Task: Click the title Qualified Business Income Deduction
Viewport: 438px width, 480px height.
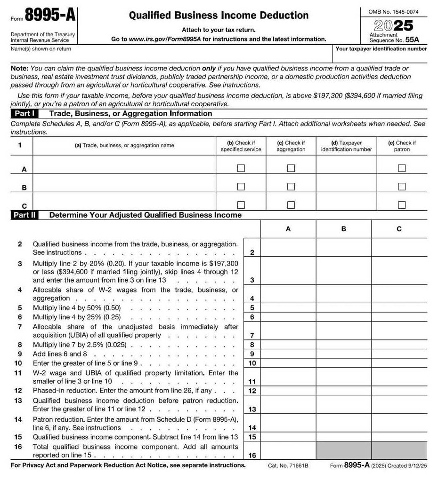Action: [x=219, y=15]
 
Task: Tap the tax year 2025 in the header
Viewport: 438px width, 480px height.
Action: [x=393, y=25]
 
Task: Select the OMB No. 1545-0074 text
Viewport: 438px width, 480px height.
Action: [x=394, y=11]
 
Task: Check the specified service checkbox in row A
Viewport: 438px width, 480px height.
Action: [x=241, y=168]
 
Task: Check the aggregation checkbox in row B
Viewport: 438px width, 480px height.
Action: [x=291, y=187]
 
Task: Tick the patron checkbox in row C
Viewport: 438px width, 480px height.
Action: [x=402, y=205]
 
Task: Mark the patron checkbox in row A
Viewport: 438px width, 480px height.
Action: [x=402, y=168]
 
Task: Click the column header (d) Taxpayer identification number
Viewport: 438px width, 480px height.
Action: [x=346, y=146]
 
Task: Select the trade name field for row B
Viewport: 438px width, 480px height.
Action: [x=124, y=183]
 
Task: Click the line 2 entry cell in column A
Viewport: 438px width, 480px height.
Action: [x=288, y=248]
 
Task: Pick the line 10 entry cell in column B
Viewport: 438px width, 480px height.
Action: [x=343, y=363]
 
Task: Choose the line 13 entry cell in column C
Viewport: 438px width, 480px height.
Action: [x=399, y=405]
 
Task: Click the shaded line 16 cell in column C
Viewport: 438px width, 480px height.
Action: [x=399, y=450]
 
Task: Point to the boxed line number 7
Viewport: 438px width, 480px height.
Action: [x=252, y=335]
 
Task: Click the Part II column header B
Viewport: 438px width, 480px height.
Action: [x=343, y=229]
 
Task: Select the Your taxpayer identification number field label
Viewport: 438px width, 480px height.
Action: [x=381, y=49]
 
